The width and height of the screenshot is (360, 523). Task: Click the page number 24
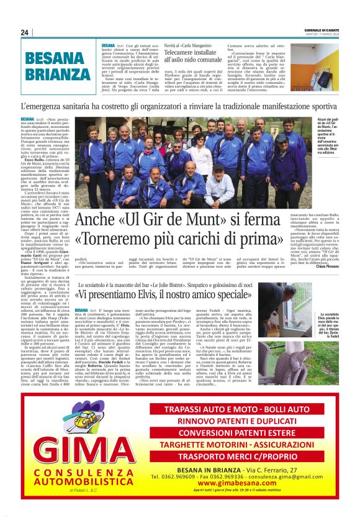click(x=25, y=33)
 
